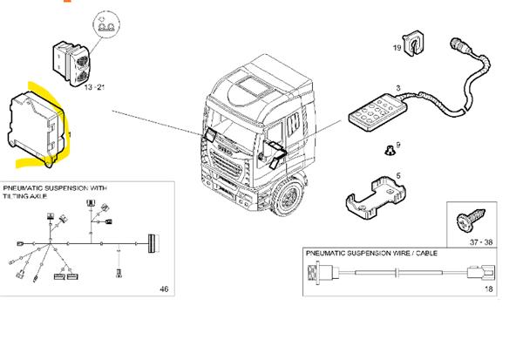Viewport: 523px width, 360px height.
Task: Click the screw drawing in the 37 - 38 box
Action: (x=466, y=219)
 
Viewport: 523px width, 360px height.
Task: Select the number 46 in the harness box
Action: (x=166, y=289)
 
